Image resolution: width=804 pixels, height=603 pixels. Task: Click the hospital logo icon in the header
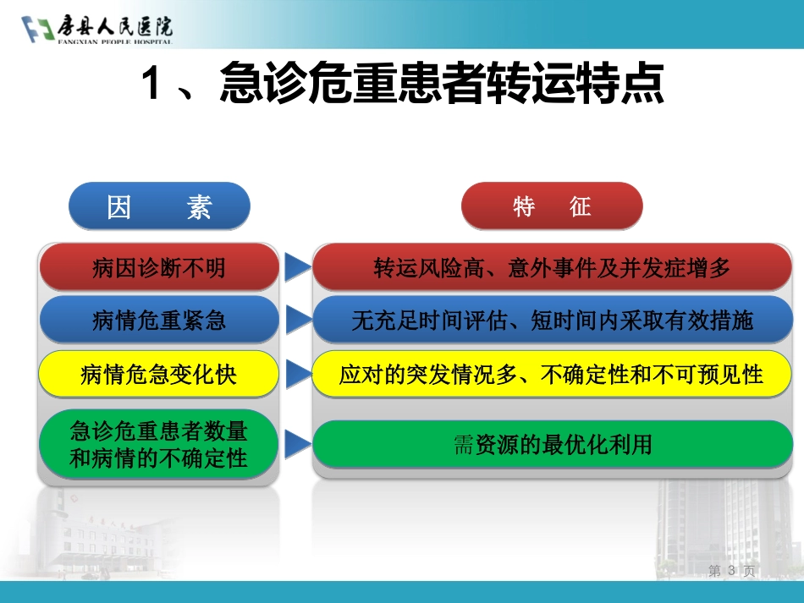(38, 30)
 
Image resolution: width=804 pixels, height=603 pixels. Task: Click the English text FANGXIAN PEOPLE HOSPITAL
(115, 41)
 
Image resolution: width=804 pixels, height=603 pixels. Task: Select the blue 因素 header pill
(159, 206)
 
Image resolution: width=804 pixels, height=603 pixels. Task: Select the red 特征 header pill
(552, 206)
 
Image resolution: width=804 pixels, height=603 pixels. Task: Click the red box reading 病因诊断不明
(159, 267)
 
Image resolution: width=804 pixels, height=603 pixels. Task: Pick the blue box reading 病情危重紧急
(159, 321)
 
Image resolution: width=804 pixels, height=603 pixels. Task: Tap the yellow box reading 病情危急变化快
(159, 375)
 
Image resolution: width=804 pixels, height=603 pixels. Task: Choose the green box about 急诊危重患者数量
(159, 444)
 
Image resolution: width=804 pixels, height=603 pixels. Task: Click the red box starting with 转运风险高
(553, 267)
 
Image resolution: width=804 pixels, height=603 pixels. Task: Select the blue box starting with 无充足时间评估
(553, 321)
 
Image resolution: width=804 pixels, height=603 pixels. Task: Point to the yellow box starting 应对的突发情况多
(553, 375)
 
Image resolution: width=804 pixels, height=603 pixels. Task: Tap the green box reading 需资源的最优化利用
(553, 444)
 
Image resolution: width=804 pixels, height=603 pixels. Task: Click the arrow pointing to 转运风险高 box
(296, 267)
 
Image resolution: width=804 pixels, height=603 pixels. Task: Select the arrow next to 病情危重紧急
(296, 320)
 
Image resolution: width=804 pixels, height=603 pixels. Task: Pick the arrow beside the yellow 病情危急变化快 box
(296, 374)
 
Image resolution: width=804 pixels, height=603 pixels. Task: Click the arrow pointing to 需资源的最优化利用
(296, 444)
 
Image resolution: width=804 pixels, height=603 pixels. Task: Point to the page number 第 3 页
(731, 571)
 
